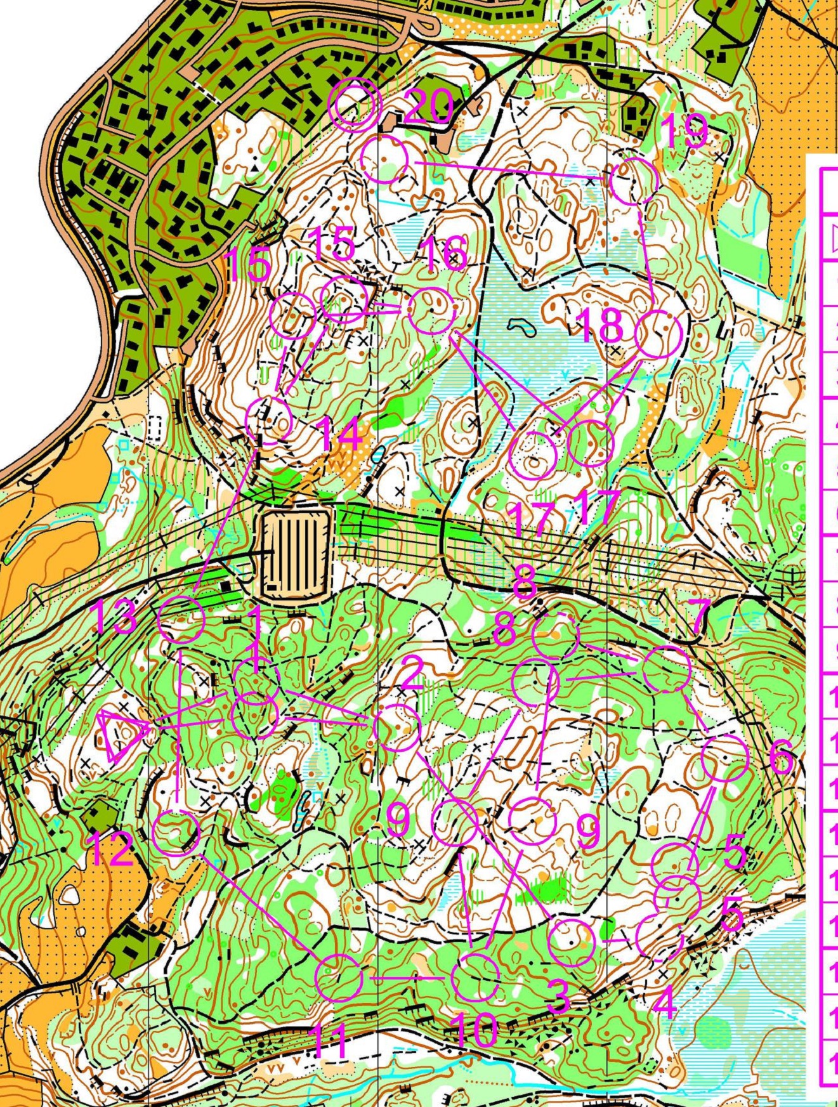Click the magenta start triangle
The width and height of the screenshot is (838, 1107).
[122, 735]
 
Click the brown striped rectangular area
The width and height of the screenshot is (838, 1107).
[296, 555]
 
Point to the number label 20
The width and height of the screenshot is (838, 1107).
[428, 105]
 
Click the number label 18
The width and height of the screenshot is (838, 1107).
[601, 324]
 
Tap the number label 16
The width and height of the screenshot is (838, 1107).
[444, 252]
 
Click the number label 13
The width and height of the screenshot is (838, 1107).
[115, 616]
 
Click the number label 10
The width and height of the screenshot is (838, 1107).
[476, 1029]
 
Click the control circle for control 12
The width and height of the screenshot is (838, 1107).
[176, 832]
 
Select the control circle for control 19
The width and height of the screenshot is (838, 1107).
[632, 181]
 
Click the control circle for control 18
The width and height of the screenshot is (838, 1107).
[658, 334]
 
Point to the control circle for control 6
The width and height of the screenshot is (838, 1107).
[725, 758]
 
